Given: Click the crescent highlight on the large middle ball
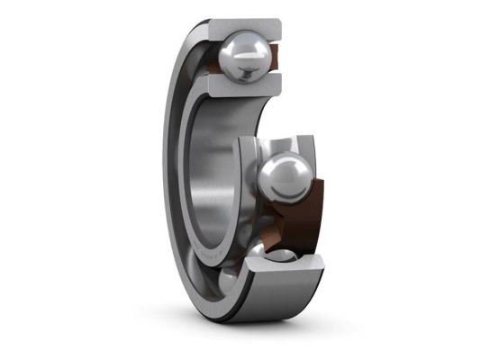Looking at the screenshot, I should coord(279,166).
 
